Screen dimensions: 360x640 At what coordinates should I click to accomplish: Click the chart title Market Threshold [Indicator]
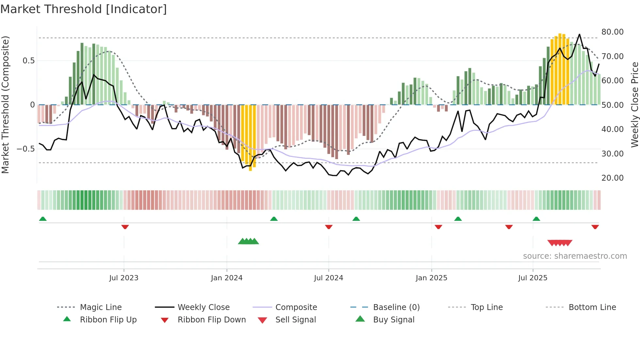coord(84,9)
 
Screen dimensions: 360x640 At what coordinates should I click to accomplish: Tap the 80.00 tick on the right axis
coord(612,32)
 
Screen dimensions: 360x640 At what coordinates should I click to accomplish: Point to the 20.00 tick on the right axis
coord(612,178)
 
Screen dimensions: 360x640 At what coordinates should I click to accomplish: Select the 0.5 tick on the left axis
coord(28,61)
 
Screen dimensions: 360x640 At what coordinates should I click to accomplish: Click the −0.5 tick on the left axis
coord(26,149)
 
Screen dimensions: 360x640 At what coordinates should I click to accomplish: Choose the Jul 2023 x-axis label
coord(124,278)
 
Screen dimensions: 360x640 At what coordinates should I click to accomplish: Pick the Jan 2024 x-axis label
coord(227,278)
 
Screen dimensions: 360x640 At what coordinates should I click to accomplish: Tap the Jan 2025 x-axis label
coord(431,278)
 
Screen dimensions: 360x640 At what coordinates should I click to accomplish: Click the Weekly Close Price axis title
coord(634,105)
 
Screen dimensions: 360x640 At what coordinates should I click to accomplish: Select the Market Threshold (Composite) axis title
coord(5,105)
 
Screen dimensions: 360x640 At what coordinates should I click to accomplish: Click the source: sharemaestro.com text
coord(575,256)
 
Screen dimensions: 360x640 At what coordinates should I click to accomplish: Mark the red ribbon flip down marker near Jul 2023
coord(125,227)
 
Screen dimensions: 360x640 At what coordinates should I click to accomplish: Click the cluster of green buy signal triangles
coord(248,241)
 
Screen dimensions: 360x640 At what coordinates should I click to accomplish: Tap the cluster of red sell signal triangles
coord(560,243)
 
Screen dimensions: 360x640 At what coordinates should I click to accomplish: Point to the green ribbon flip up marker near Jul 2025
coord(536,219)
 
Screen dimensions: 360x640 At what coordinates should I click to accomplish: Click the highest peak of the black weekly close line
coord(580,34)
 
